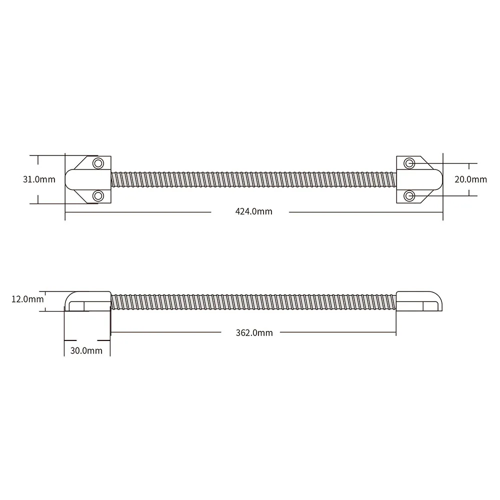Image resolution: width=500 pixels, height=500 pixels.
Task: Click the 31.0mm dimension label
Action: coord(39,179)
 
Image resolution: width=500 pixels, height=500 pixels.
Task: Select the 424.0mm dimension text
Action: coord(253,211)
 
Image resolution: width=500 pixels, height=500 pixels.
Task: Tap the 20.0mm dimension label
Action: coord(470,179)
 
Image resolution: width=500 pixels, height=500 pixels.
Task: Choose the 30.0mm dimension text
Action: coord(86,350)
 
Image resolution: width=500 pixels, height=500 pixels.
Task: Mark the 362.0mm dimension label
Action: coord(254,332)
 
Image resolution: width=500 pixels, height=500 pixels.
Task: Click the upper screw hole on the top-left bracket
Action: coord(98,163)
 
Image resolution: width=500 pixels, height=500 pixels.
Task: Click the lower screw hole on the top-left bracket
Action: coord(98,195)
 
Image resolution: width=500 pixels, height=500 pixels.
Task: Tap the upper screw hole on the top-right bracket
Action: coord(409,163)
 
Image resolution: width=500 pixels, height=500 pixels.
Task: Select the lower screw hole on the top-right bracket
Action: coord(409,195)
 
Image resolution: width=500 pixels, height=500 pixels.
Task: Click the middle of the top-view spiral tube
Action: coord(253,179)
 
